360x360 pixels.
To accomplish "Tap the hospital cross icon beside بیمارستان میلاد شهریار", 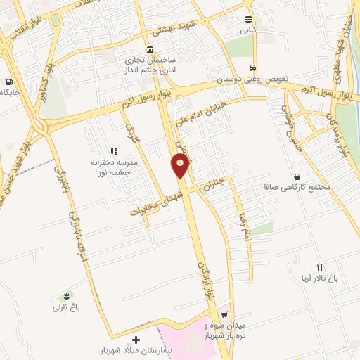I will pyautogui.click(x=135, y=340).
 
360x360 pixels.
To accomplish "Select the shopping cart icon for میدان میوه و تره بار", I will pyautogui.click(x=224, y=315).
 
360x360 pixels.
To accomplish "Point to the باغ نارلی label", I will pyautogui.click(x=67, y=307).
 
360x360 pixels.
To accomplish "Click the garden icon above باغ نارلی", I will pyautogui.click(x=67, y=295).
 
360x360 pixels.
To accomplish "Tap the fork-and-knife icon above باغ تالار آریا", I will pyautogui.click(x=320, y=266).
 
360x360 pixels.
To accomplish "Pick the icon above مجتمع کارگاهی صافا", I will pyautogui.click(x=298, y=176).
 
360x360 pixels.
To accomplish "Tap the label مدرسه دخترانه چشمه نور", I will pyautogui.click(x=112, y=167).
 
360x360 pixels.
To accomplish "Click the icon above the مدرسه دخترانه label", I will pyautogui.click(x=112, y=151).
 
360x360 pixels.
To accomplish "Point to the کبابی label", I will pyautogui.click(x=248, y=31).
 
